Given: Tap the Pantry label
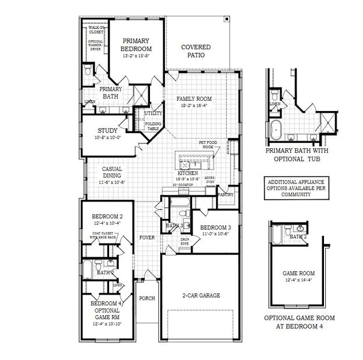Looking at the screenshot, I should pyautogui.click(x=226, y=194).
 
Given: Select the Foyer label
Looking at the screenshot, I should pyautogui.click(x=148, y=238).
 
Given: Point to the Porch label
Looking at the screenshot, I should pyautogui.click(x=146, y=298).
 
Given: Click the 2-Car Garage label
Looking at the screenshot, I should pyautogui.click(x=201, y=296).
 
